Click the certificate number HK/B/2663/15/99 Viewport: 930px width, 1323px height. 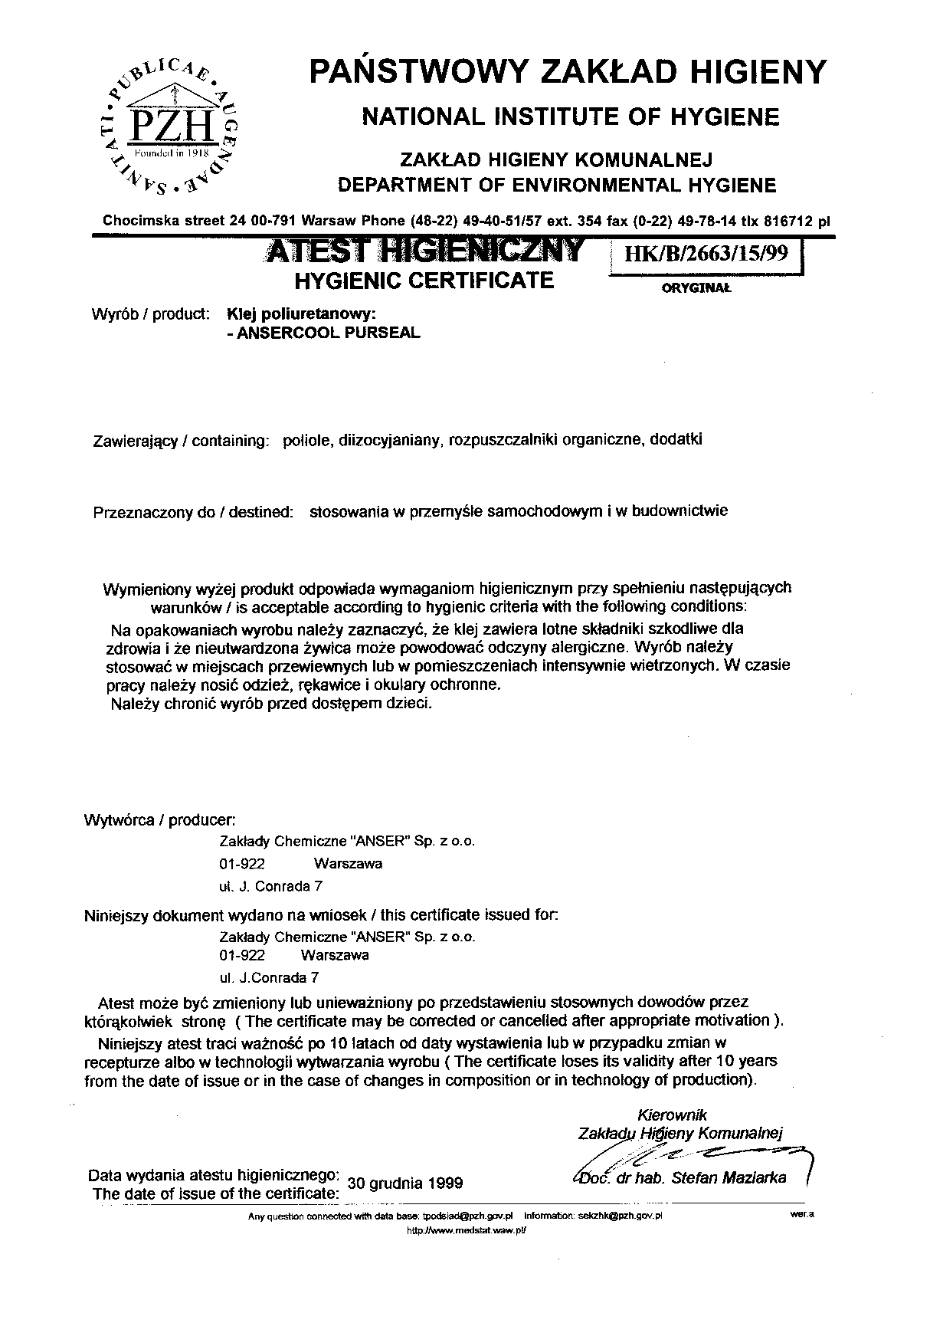pyautogui.click(x=706, y=254)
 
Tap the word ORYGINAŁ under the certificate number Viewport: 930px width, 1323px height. pyautogui.click(x=696, y=289)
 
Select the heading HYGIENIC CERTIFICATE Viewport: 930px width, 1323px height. pyautogui.click(x=424, y=281)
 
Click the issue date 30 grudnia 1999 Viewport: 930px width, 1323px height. pyautogui.click(x=405, y=1183)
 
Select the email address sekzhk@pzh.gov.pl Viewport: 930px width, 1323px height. pyautogui.click(x=621, y=1216)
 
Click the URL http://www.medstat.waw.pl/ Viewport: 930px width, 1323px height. pyautogui.click(x=467, y=1230)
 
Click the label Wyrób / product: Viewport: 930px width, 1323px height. pyautogui.click(x=150, y=314)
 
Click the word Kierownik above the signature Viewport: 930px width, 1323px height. pyautogui.click(x=672, y=1115)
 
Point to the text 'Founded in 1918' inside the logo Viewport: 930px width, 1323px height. pyautogui.click(x=172, y=153)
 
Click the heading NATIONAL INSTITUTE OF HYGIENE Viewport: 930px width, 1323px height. pyautogui.click(x=570, y=117)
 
